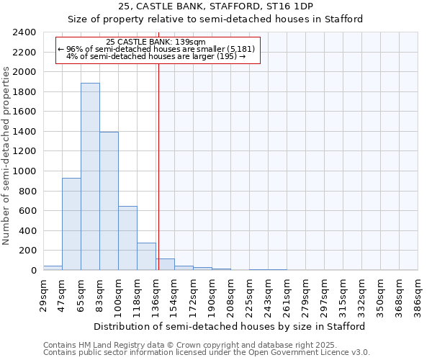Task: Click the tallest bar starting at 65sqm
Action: [x=90, y=176]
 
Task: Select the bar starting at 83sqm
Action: [x=109, y=201]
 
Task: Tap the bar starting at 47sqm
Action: [x=71, y=224]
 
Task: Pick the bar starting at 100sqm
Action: [x=127, y=238]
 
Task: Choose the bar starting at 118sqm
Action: [x=146, y=256]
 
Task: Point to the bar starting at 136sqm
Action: [x=165, y=264]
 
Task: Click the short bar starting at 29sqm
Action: [x=53, y=268]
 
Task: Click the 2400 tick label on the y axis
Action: [x=24, y=33]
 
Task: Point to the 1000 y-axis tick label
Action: [x=24, y=171]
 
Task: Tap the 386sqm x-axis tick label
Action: [x=418, y=293]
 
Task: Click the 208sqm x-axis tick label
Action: [x=230, y=293]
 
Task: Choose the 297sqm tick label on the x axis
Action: [x=324, y=293]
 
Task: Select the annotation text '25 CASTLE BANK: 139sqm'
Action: [x=156, y=42]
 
